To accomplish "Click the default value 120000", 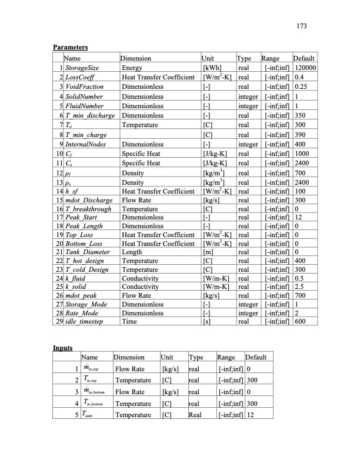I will click(305, 68).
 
